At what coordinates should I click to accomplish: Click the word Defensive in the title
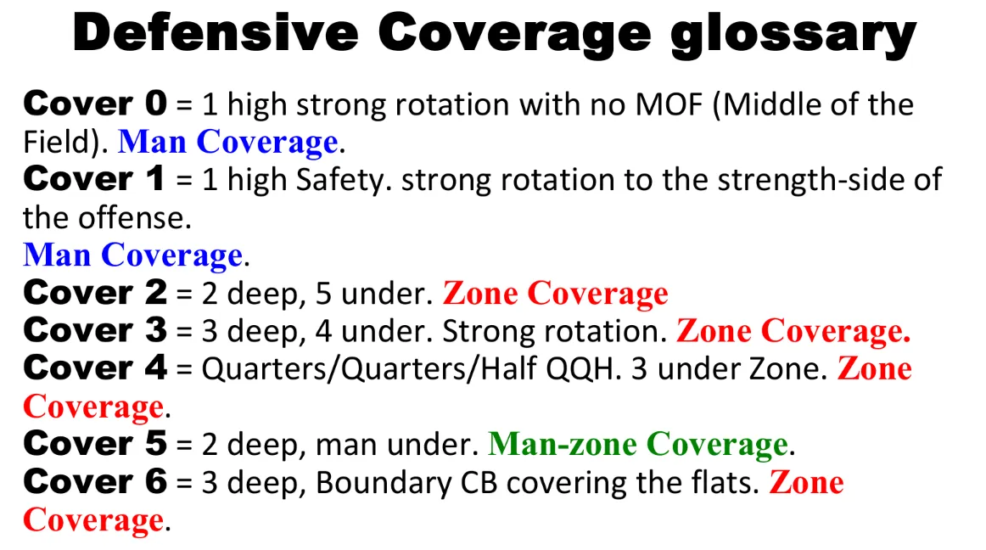coord(215,33)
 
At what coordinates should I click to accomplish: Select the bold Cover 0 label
coord(95,104)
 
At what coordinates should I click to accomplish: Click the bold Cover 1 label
coord(93,179)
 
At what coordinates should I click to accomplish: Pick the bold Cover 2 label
coord(95,293)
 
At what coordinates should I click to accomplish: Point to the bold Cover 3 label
coord(95,330)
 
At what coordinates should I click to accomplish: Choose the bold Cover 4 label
coord(95,368)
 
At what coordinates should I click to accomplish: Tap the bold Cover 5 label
coord(95,444)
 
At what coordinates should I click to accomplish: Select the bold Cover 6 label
coord(95,481)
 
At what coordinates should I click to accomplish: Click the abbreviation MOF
coord(669,104)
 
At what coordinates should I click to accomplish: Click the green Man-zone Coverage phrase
coord(638,444)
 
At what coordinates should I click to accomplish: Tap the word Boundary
coord(384,483)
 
